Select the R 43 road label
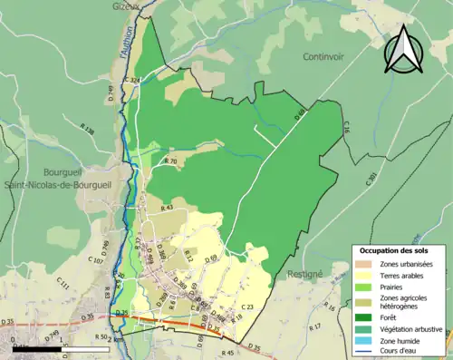[x=167, y=209]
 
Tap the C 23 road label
[x=247, y=308]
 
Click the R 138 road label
[x=88, y=131]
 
